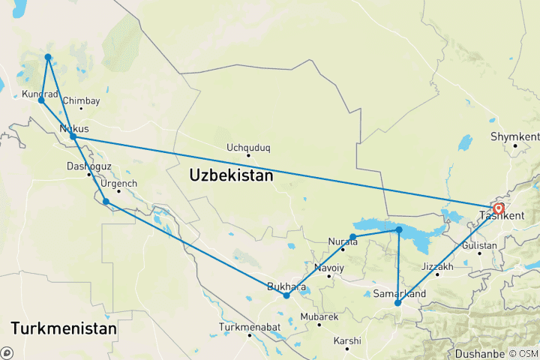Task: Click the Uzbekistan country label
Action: (x=231, y=176)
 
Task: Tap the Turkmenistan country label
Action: (x=64, y=328)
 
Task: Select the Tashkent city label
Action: (x=503, y=216)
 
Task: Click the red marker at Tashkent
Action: (x=499, y=208)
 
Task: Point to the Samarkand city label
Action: (x=400, y=292)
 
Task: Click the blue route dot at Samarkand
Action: (x=397, y=304)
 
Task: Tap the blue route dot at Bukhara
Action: (x=286, y=295)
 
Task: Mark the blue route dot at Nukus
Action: (x=73, y=136)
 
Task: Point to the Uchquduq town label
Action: (x=248, y=148)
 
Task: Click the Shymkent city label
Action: (x=514, y=136)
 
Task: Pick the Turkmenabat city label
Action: (x=249, y=327)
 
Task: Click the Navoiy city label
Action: (x=329, y=268)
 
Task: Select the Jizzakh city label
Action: (x=437, y=266)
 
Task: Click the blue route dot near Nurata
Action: (x=352, y=237)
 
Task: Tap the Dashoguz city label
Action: (x=88, y=166)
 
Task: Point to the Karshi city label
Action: (x=347, y=340)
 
